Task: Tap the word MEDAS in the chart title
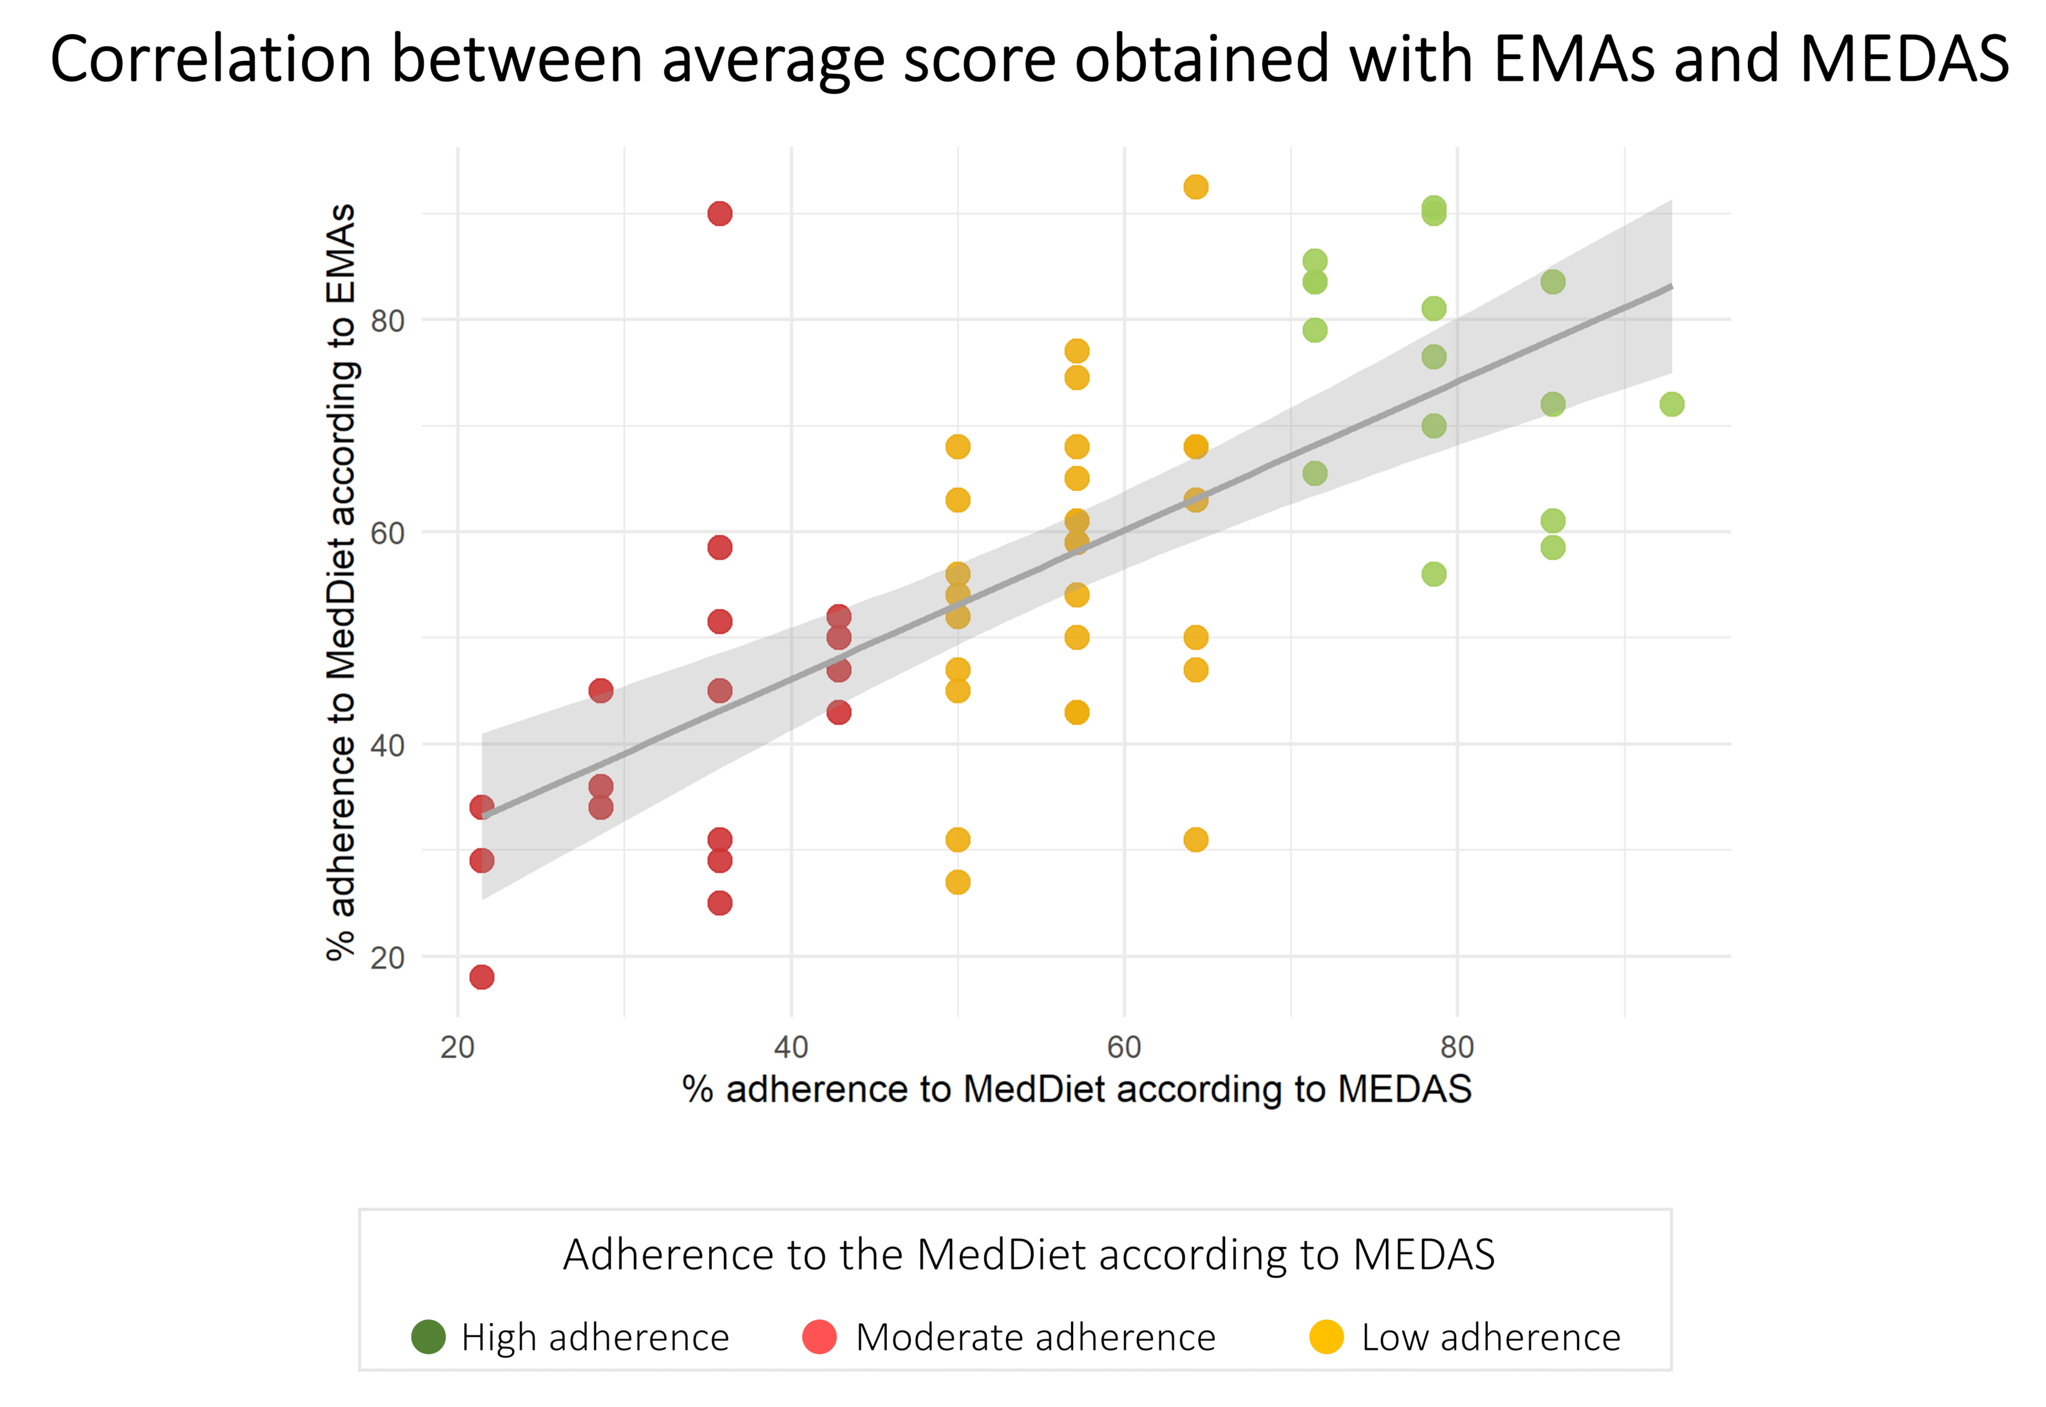pyautogui.click(x=1903, y=60)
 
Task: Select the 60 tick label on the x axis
pyautogui.click(x=1124, y=1047)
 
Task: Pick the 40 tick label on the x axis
pyautogui.click(x=790, y=1047)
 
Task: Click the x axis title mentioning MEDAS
pyautogui.click(x=1076, y=1090)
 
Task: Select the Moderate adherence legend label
pyautogui.click(x=1035, y=1337)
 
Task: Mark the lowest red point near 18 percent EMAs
pyautogui.click(x=481, y=977)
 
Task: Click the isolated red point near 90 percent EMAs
pyautogui.click(x=719, y=214)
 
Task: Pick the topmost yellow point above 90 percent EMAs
pyautogui.click(x=1195, y=187)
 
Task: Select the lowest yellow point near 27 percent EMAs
pyautogui.click(x=957, y=882)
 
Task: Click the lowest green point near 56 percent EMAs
pyautogui.click(x=1433, y=574)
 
